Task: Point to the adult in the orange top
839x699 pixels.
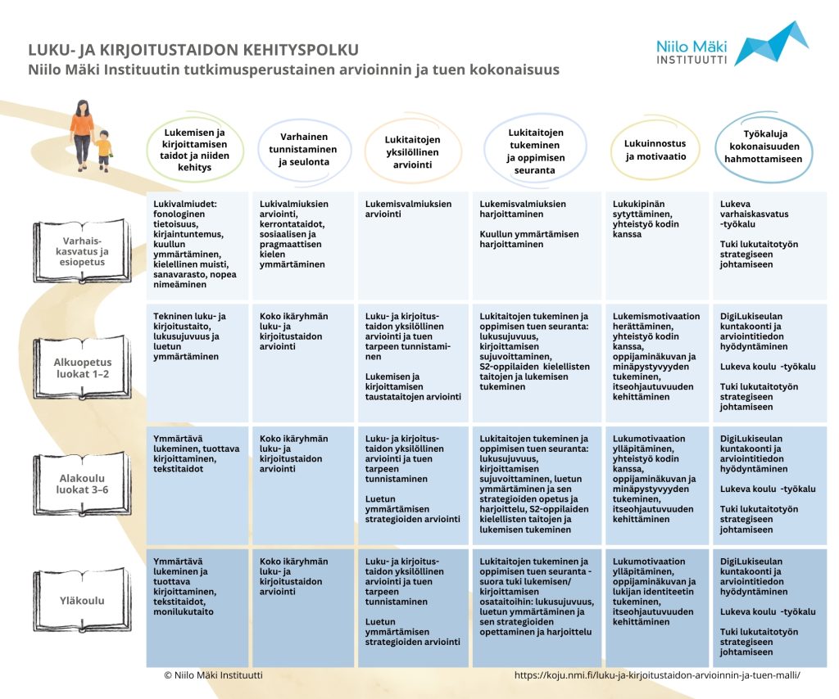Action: tap(82, 131)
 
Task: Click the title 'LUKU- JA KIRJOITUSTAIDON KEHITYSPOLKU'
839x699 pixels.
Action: tap(193, 50)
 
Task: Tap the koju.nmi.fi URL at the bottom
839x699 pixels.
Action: tap(656, 675)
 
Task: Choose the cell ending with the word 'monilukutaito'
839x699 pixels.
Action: tap(197, 607)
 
